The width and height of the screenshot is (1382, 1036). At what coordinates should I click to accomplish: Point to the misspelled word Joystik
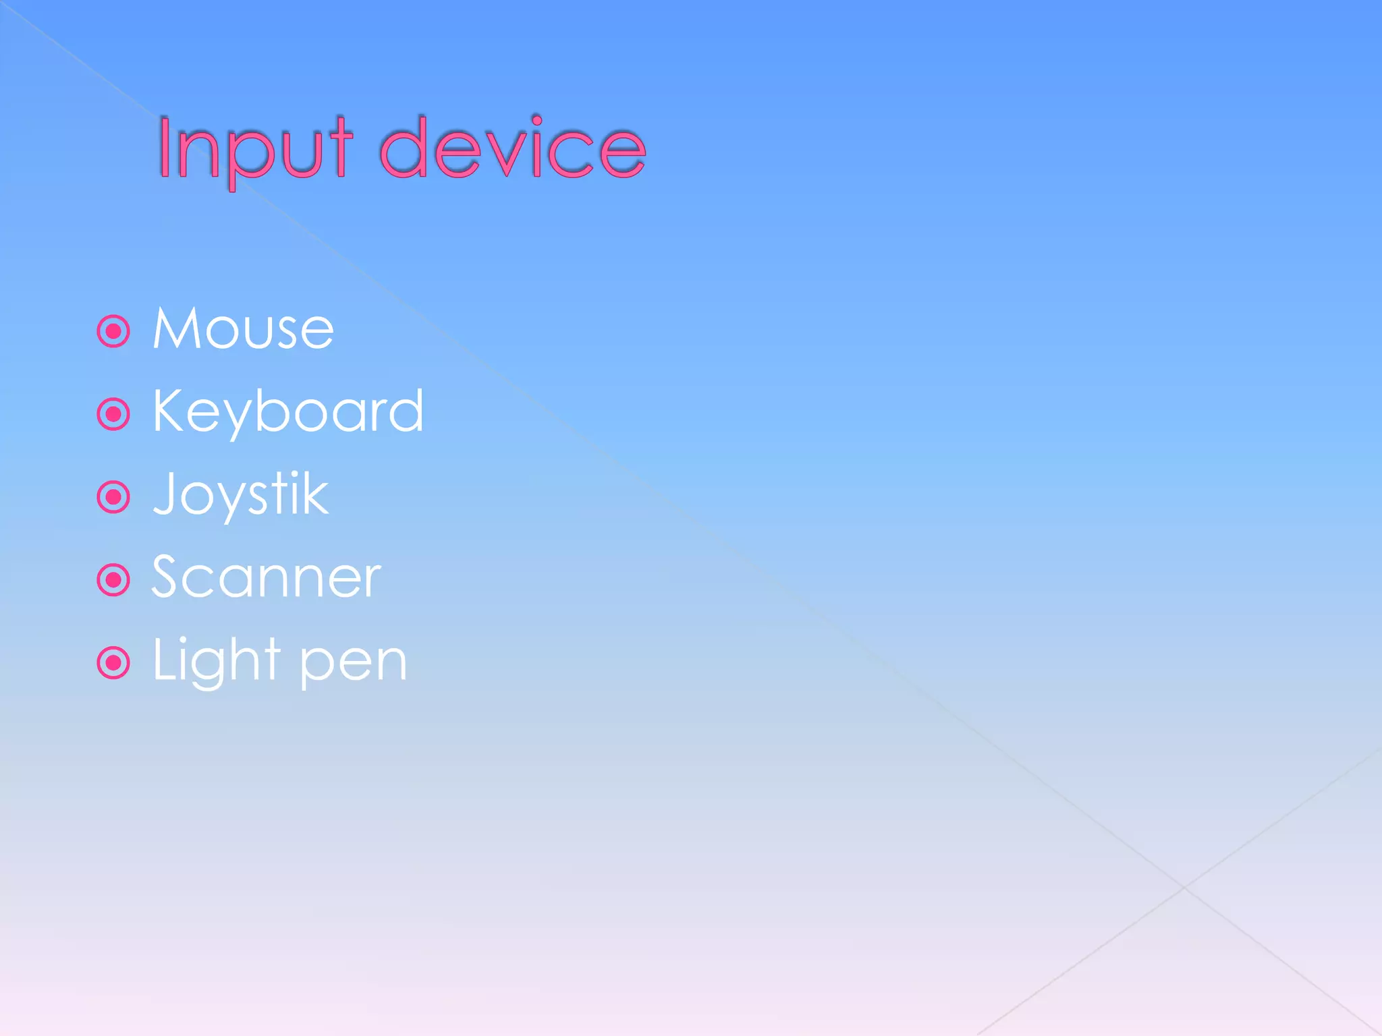click(241, 495)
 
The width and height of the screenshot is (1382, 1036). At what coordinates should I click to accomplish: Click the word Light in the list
click(216, 661)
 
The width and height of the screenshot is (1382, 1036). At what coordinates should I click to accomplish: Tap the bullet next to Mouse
click(113, 331)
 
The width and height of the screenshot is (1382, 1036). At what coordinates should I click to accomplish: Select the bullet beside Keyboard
click(113, 414)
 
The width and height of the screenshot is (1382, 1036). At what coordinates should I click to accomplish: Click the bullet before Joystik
click(113, 497)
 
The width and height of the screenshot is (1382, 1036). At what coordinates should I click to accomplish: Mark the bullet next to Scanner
click(113, 580)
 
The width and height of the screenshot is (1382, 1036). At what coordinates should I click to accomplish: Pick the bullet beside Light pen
click(113, 663)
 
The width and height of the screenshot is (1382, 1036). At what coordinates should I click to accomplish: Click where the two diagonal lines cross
click(1184, 888)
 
